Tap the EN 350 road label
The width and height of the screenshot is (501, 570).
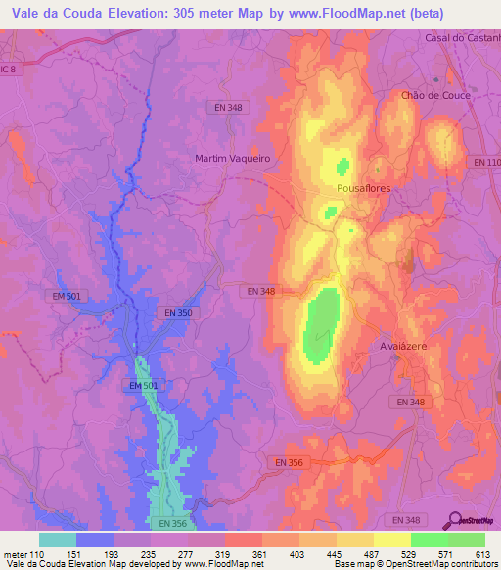(x=179, y=312)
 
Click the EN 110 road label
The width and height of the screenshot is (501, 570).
(x=486, y=161)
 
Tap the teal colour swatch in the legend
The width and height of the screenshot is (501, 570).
(x=58, y=540)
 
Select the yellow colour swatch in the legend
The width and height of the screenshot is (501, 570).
(x=391, y=540)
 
